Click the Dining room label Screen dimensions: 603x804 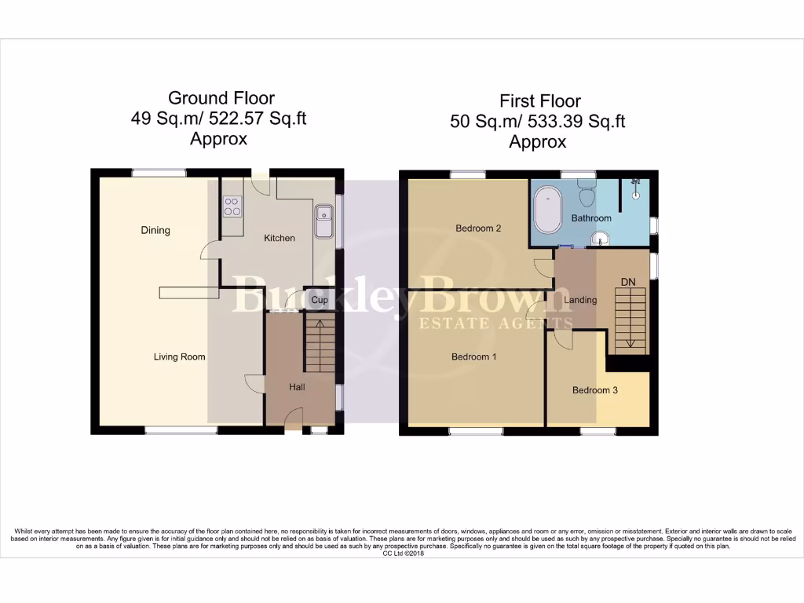(x=155, y=230)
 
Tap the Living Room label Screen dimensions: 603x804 (x=179, y=356)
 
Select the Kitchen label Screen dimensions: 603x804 (x=279, y=238)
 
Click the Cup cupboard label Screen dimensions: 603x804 (x=320, y=300)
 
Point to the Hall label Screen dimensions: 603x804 (x=297, y=387)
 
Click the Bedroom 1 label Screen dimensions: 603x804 (x=473, y=356)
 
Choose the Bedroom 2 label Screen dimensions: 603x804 (x=478, y=228)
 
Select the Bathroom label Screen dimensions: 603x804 (x=591, y=218)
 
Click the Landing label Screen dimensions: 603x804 (x=580, y=300)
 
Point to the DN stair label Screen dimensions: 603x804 (x=628, y=281)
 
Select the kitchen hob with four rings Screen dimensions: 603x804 (x=232, y=206)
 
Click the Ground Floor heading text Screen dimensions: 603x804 (x=221, y=98)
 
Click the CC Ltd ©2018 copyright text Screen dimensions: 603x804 (x=402, y=554)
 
